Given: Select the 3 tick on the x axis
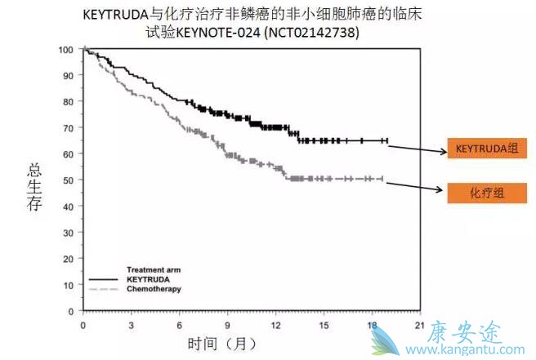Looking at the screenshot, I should (131, 324).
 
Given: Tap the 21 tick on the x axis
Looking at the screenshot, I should (419, 324).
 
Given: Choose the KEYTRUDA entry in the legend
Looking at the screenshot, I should (145, 279).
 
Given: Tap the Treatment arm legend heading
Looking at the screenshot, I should (153, 269).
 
